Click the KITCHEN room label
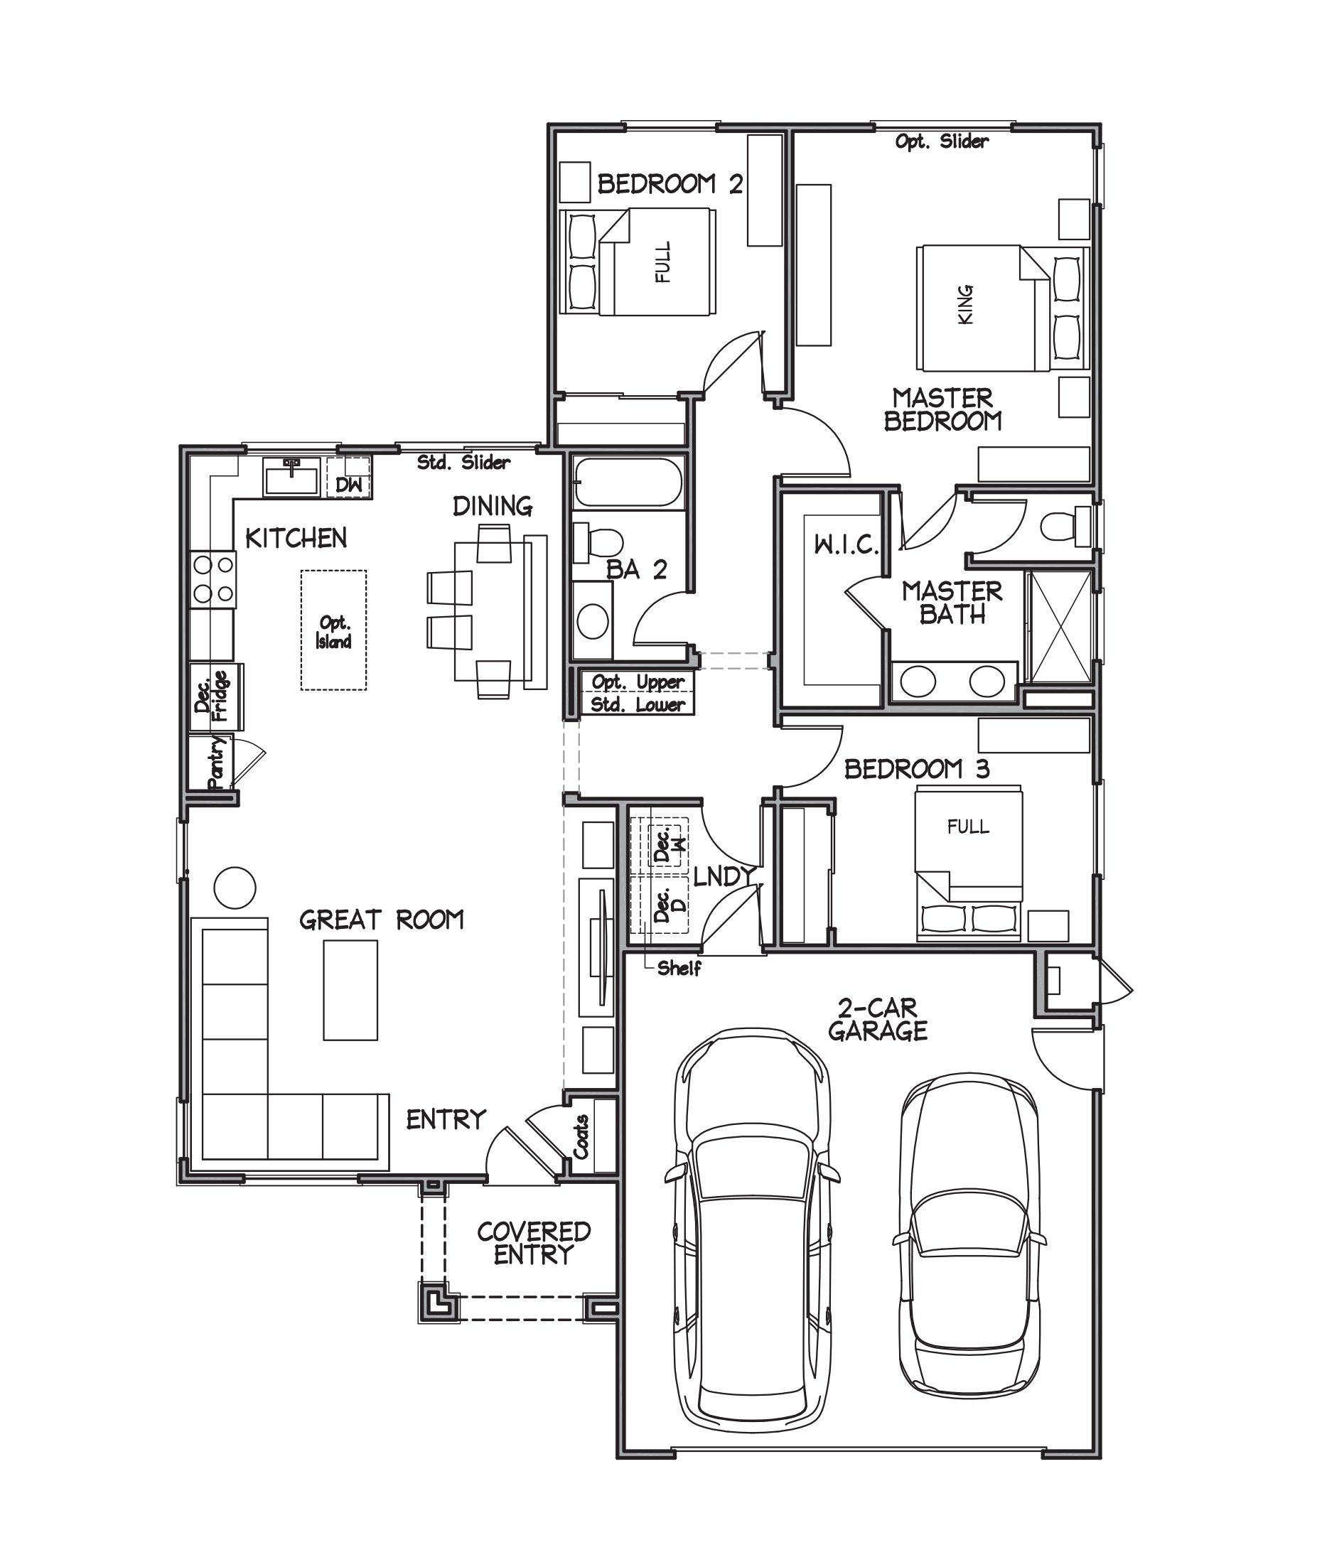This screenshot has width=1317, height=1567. pyautogui.click(x=296, y=537)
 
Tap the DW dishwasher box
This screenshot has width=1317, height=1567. pyautogui.click(x=348, y=485)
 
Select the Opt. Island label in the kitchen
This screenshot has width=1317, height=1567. pyautogui.click(x=333, y=632)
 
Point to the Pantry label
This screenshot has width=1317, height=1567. pyautogui.click(x=217, y=763)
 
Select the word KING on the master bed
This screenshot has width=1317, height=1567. pyautogui.click(x=965, y=304)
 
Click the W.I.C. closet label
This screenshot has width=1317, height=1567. pyautogui.click(x=846, y=545)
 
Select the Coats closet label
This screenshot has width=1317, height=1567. pyautogui.click(x=581, y=1136)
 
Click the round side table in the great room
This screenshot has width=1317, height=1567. pyautogui.click(x=235, y=888)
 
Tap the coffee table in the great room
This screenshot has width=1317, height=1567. pyautogui.click(x=350, y=989)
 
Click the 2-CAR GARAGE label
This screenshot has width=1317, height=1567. pyautogui.click(x=877, y=1019)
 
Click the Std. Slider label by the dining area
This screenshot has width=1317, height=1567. pyautogui.click(x=463, y=462)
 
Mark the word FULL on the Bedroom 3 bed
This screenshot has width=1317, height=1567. pyautogui.click(x=967, y=826)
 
